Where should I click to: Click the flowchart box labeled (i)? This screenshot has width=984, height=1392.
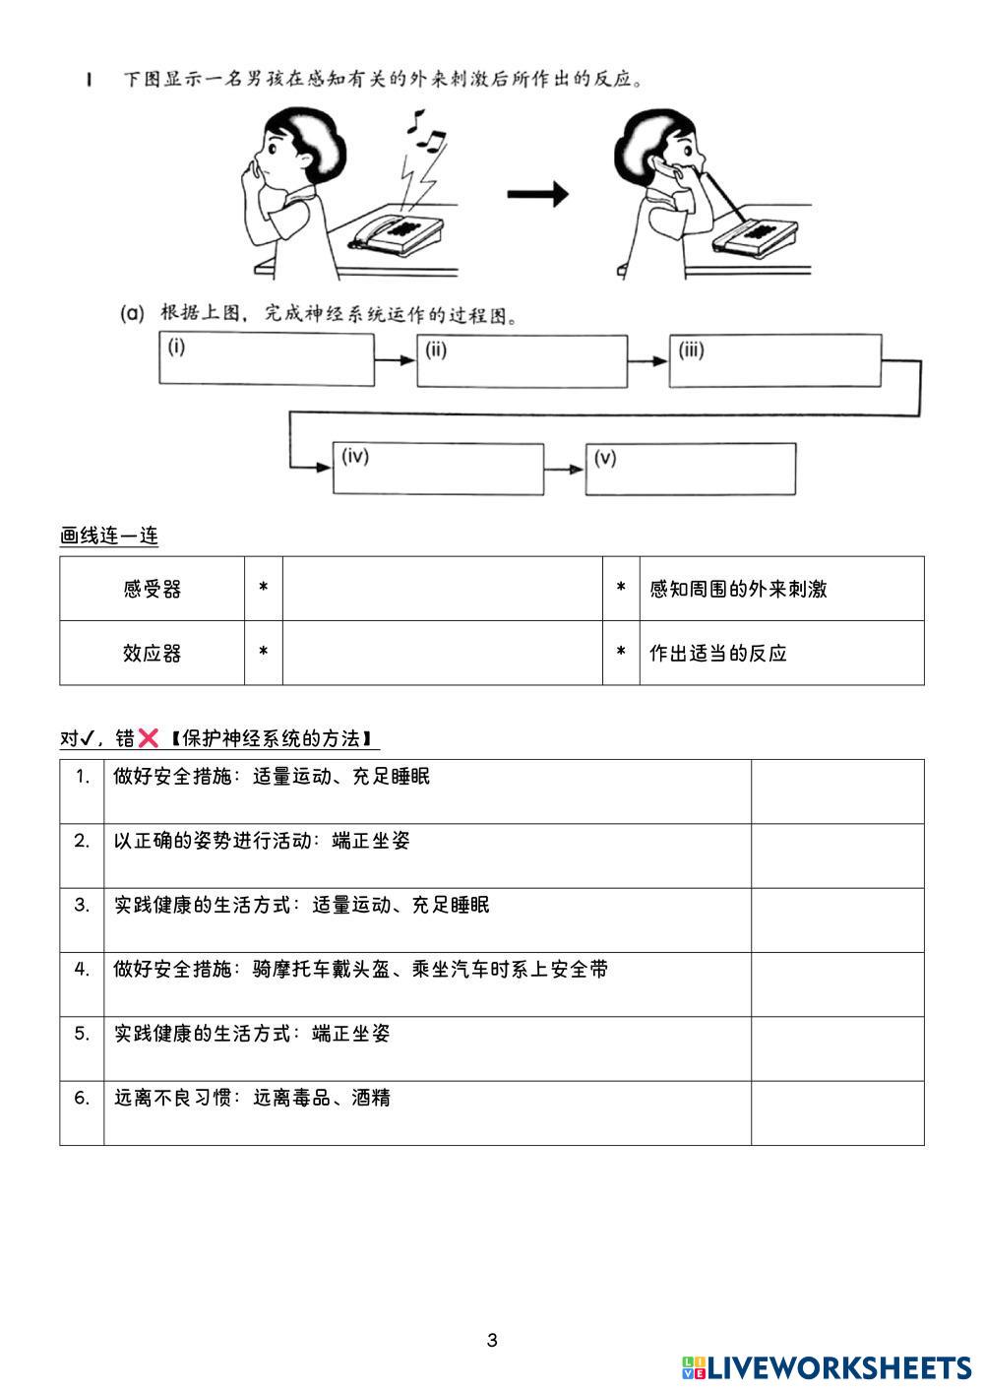point(266,359)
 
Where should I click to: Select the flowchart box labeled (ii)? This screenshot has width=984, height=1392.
point(522,361)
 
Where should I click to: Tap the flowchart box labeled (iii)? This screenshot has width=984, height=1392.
point(774,361)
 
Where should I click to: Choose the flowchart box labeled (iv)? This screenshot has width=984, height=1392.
point(438,469)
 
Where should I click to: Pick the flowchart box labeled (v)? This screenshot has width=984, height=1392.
point(691,469)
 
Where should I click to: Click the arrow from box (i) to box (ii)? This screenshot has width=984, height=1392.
point(396,360)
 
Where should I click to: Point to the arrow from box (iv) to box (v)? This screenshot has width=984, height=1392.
point(564,469)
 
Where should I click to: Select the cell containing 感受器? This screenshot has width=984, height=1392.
point(153,589)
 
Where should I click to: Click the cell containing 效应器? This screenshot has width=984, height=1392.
point(153,653)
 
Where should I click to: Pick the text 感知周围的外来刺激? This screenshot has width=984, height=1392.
point(738,589)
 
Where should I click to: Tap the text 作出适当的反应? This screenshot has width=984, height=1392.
point(718,653)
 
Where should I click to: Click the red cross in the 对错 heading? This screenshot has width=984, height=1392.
point(148,738)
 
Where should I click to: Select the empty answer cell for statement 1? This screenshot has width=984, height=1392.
point(837,791)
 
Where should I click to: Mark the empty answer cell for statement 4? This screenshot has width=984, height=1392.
point(837,983)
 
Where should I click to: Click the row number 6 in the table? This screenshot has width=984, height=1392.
point(82,1097)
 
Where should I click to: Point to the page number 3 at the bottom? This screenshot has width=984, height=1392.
point(492,1340)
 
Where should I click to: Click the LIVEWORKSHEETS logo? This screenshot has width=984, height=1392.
point(827,1367)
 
